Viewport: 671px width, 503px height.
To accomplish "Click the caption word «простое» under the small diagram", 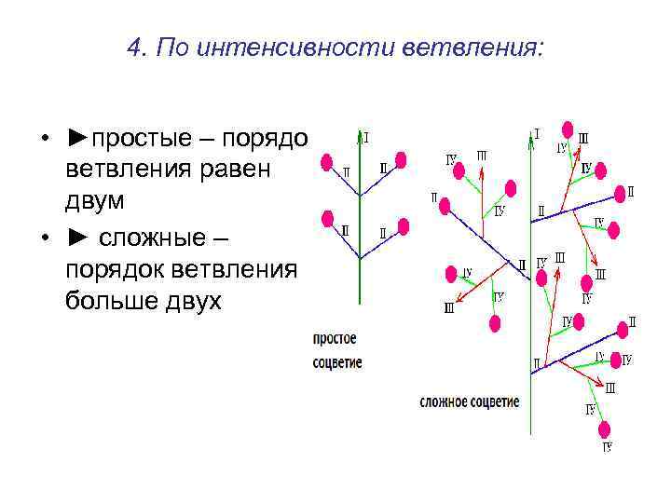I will coord(335,339).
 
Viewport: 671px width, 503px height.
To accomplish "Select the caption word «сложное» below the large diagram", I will coord(445,402).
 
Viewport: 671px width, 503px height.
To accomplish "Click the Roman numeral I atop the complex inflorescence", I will coord(537,133).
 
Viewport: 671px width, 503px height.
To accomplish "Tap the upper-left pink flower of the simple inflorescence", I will coord(326,162).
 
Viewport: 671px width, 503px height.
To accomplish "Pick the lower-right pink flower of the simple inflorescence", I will coord(404,224).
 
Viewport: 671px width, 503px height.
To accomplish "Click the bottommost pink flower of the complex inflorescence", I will coord(604,428).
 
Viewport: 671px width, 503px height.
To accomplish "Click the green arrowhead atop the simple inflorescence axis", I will coord(360,135).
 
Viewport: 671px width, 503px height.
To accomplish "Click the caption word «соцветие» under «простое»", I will coord(337,363).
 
